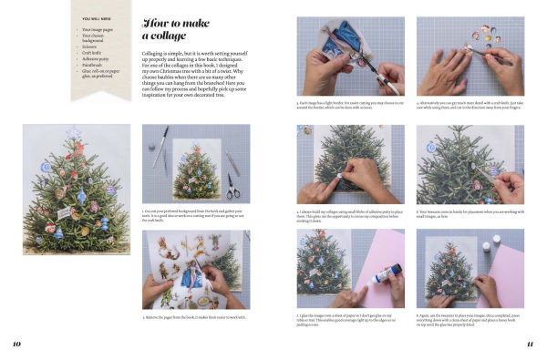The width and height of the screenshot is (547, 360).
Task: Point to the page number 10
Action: pos(15,344)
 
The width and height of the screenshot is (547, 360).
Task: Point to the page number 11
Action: pos(529,344)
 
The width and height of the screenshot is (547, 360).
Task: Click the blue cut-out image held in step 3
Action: pos(347,37)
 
